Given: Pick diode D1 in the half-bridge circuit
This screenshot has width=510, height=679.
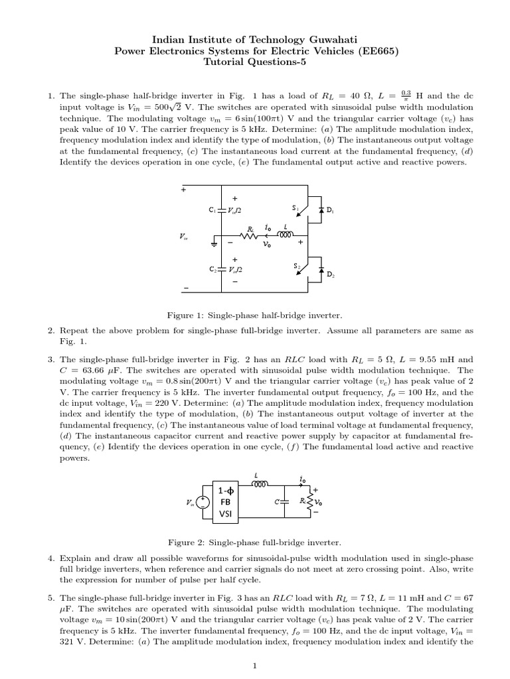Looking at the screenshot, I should tap(321, 210).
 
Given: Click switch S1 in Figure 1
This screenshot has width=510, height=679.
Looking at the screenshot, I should tap(303, 210).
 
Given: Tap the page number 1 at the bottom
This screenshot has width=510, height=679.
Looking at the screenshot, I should tap(255, 666).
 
